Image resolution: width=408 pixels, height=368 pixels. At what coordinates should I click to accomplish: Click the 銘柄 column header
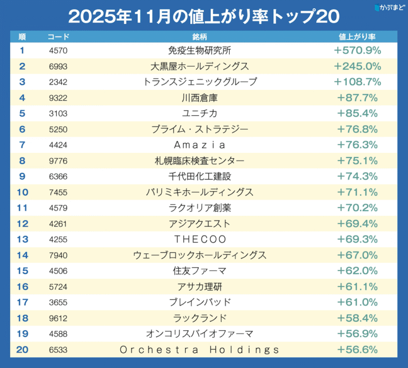199,37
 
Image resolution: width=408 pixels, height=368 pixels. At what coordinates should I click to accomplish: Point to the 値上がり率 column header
357,37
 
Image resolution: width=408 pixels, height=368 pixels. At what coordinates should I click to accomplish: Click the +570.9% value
357,51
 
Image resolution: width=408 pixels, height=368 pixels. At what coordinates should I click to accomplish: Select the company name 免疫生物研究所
199,51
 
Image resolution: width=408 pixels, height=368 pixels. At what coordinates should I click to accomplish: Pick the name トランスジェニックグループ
200,82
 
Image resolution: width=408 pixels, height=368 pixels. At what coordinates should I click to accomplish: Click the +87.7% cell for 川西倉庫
357,98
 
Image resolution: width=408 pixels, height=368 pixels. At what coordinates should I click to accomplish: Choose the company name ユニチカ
199,114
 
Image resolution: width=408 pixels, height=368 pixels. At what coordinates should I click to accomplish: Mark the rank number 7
22,145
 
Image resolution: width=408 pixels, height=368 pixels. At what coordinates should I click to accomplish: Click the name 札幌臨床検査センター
199,161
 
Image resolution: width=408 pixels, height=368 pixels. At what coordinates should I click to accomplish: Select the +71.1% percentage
357,192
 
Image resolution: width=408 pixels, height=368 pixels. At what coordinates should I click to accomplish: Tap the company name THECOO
199,239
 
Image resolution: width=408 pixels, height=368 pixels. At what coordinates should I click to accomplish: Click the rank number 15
22,271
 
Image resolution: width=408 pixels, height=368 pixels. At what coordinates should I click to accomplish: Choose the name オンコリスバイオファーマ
199,334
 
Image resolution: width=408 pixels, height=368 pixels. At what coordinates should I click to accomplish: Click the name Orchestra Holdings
199,350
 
